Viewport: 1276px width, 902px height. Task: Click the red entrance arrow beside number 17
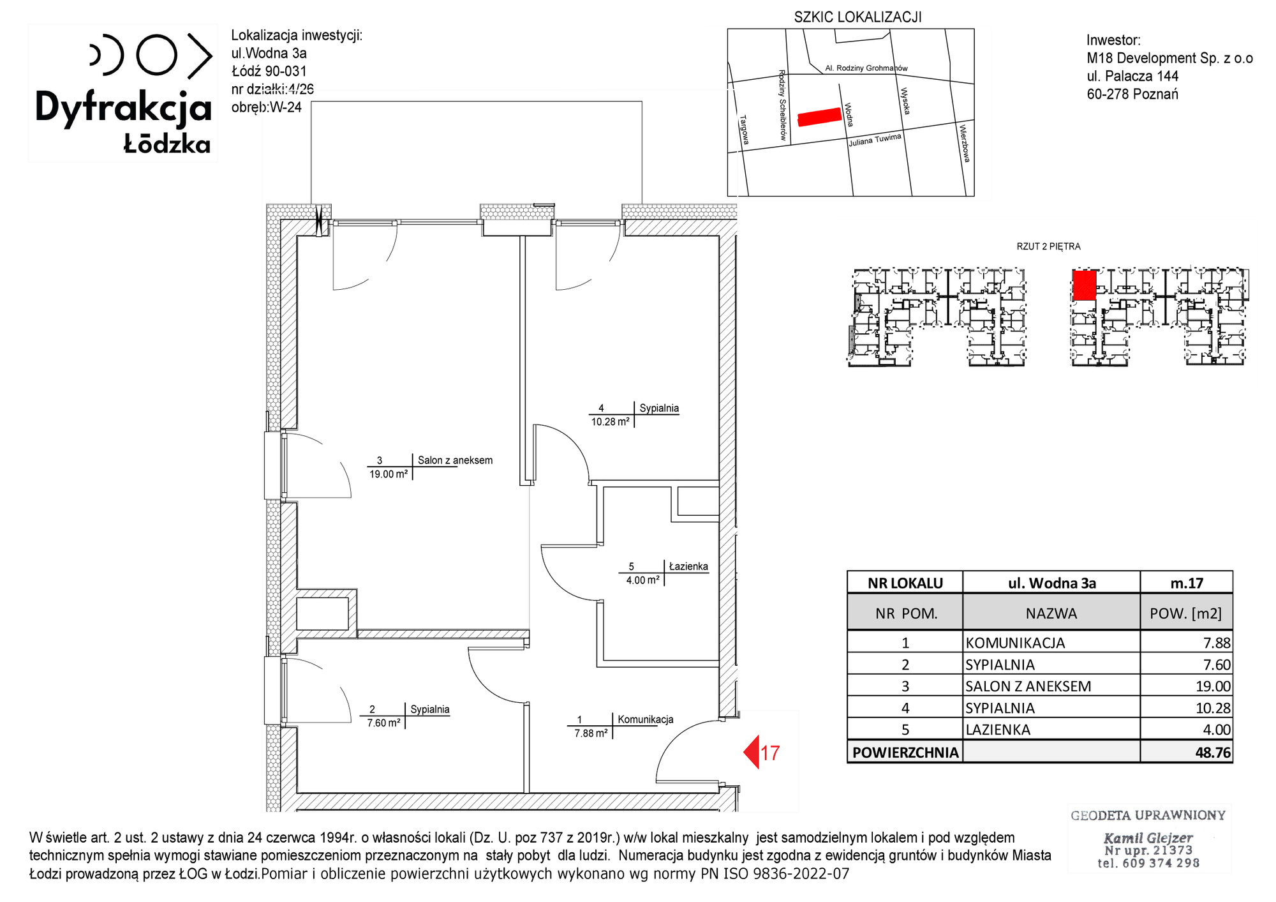point(752,752)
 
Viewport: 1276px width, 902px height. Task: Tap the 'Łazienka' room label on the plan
point(688,566)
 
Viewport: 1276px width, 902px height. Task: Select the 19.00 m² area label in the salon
point(389,474)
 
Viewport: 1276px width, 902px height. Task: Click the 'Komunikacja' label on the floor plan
point(645,719)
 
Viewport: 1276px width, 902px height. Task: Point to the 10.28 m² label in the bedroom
point(610,421)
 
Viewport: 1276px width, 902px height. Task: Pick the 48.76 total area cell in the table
point(1213,753)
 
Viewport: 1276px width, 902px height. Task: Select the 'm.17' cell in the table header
point(1187,583)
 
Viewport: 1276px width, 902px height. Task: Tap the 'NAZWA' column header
point(1051,613)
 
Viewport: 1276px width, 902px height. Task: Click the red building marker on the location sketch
point(820,117)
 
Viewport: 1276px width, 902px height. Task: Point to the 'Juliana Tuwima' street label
point(875,140)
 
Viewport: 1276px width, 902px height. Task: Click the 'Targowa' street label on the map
point(744,130)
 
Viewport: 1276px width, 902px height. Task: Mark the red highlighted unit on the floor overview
point(1085,285)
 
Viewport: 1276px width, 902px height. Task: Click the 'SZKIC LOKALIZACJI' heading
point(857,17)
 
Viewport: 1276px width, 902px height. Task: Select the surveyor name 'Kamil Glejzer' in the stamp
point(1148,838)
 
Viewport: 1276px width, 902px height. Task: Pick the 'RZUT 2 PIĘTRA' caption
point(1048,246)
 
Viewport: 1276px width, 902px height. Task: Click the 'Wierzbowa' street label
point(965,143)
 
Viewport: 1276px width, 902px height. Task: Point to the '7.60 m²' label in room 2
point(383,723)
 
